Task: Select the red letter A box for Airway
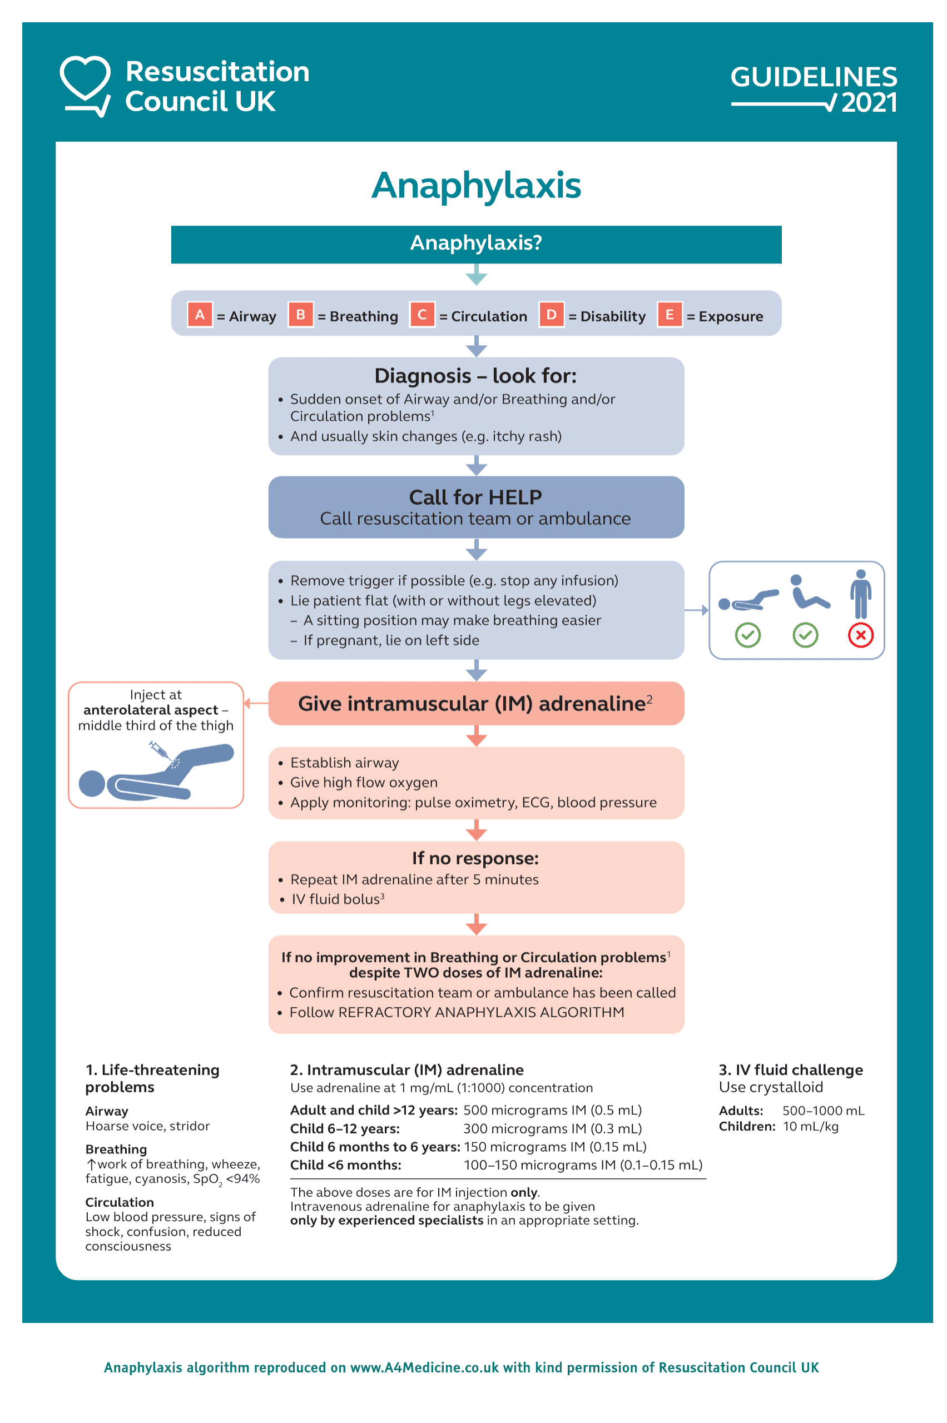(199, 315)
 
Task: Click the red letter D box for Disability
(551, 315)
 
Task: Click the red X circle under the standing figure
(860, 635)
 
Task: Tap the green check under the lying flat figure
(747, 635)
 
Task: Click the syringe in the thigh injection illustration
(160, 750)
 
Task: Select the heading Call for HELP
(475, 497)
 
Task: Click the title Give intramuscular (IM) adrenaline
(472, 703)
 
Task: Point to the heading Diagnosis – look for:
(475, 376)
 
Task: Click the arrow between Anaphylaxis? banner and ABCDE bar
(476, 276)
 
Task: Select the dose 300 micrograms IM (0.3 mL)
(552, 1128)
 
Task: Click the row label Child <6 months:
(345, 1165)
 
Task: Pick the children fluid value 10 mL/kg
(811, 1126)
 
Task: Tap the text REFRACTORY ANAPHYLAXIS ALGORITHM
(481, 1012)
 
